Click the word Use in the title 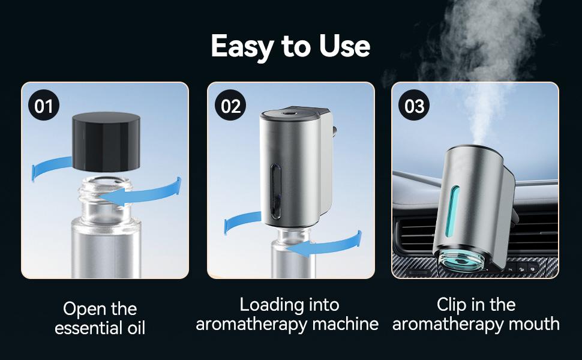pos(344,46)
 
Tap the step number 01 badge pos(44,106)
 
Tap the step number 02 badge pos(230,106)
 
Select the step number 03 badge pos(415,106)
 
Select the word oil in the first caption pos(133,328)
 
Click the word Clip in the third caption pos(452,305)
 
